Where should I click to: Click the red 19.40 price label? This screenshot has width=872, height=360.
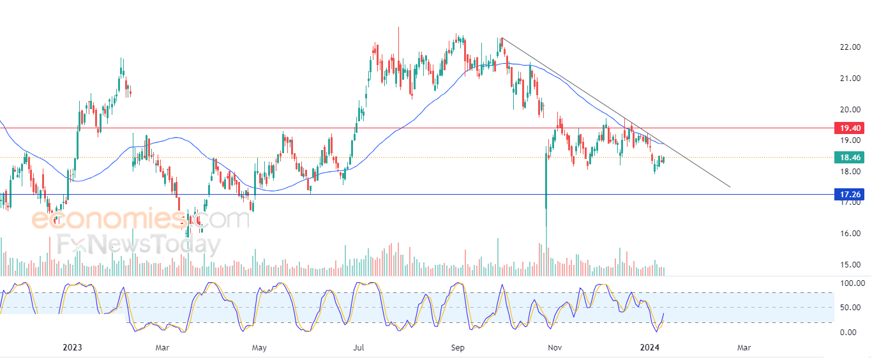[x=850, y=128]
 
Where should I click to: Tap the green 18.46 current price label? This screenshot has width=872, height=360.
[x=850, y=158]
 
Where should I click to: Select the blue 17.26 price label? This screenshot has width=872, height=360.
[x=850, y=194]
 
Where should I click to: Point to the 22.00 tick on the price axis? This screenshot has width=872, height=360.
[x=850, y=47]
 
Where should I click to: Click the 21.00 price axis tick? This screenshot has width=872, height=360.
[x=850, y=79]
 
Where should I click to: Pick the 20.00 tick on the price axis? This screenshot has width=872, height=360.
[x=850, y=109]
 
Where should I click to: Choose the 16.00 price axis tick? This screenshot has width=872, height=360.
[x=850, y=234]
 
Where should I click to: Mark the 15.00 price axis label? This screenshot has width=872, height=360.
[x=850, y=265]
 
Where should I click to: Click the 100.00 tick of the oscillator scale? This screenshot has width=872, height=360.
[x=853, y=283]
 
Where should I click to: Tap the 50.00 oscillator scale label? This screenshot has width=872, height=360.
[x=850, y=308]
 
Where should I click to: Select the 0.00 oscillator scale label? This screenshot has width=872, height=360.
[x=848, y=333]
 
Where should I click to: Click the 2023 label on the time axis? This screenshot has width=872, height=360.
[x=72, y=347]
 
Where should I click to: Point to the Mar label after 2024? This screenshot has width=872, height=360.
[x=744, y=347]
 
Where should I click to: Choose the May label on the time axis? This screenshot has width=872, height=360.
[x=259, y=347]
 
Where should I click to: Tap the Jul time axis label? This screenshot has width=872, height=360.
[x=359, y=347]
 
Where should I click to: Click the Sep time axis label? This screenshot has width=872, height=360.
[x=458, y=347]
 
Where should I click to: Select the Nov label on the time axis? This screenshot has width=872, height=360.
[x=555, y=347]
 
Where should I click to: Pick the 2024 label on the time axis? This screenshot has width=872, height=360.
[x=650, y=347]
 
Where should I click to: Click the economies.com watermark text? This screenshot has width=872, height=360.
[x=140, y=219]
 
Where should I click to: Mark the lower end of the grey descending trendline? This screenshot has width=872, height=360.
[x=730, y=187]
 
